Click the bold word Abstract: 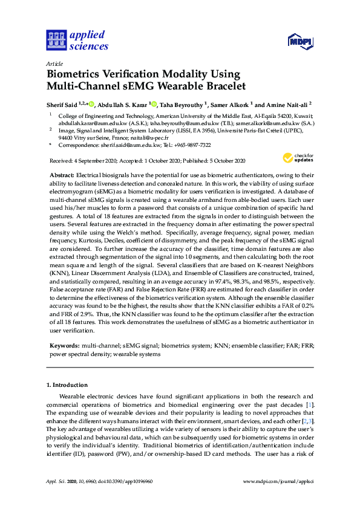62,174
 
